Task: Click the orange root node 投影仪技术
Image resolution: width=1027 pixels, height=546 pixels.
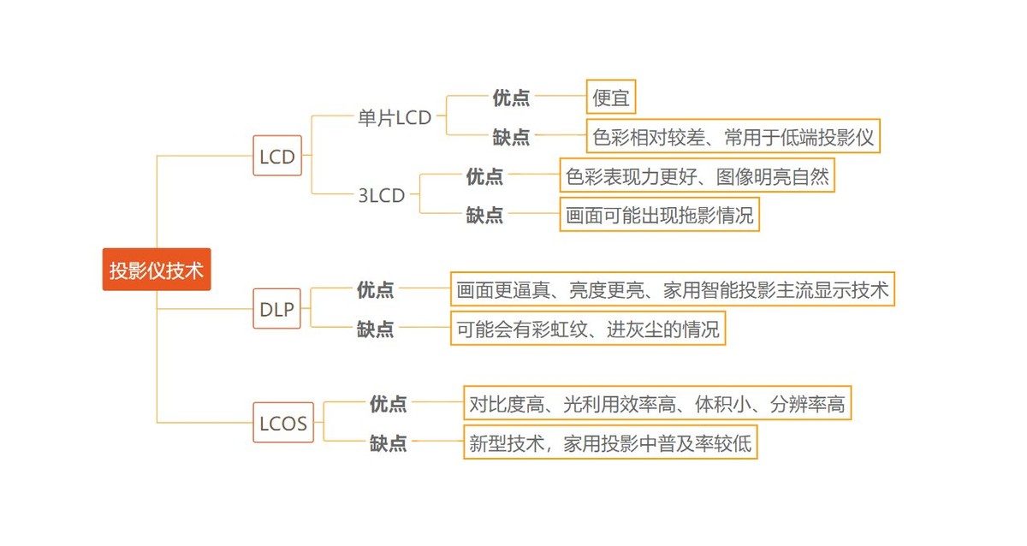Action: point(157,270)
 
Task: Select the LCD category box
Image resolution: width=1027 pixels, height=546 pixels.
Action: point(277,157)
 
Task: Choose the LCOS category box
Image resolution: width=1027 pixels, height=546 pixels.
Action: point(283,423)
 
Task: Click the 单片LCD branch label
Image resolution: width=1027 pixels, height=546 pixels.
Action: point(395,118)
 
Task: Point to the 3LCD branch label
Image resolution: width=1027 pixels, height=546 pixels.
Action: point(382,195)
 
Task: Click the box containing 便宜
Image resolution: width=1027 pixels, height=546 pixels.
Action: point(611,98)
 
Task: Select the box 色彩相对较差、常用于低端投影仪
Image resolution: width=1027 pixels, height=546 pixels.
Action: point(733,137)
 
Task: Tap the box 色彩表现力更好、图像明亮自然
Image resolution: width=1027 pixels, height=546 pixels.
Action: point(697,176)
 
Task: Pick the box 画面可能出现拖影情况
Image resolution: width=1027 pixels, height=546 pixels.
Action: point(660,215)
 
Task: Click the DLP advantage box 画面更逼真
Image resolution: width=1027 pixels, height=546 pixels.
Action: point(673,290)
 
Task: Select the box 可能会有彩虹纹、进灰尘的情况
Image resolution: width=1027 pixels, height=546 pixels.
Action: point(588,329)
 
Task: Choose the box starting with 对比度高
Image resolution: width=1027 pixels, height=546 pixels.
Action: point(657,404)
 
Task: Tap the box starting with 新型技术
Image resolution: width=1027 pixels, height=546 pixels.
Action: point(610,443)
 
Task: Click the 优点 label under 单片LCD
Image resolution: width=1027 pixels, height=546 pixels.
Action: point(511,98)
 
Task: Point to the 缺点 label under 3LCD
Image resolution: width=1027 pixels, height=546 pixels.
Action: point(484,215)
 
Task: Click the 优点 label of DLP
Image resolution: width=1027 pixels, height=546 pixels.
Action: point(376,290)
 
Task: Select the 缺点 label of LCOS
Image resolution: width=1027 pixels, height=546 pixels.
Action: point(389,443)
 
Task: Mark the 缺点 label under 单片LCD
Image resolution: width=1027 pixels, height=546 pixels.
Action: point(511,137)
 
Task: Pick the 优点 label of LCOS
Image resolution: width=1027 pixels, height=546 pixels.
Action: point(389,404)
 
